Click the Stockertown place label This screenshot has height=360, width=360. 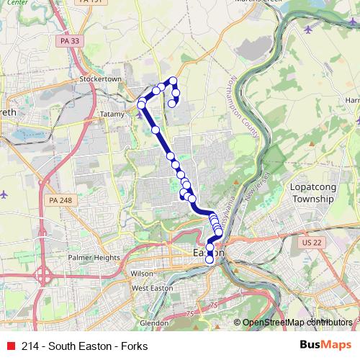99,78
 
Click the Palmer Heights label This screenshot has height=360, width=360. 94,257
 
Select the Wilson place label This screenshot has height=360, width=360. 141,274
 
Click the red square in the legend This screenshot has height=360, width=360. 10,346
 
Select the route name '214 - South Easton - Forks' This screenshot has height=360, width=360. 85,346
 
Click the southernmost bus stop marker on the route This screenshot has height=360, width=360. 210,261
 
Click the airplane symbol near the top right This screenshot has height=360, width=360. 309,30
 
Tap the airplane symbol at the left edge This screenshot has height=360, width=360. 4,194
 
